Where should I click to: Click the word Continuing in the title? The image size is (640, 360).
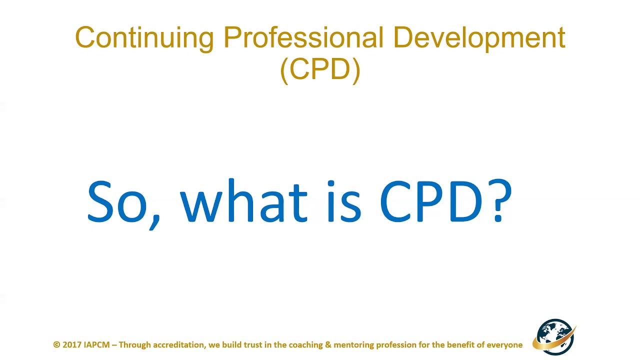coord(144,38)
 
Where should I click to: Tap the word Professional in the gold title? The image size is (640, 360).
coord(303,38)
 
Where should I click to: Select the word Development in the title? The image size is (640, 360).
coord(479,38)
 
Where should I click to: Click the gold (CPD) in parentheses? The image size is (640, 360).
coord(320,69)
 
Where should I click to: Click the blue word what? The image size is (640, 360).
coord(243,201)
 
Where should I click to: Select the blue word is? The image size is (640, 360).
coord(344,201)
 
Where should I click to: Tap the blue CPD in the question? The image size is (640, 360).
coord(431,201)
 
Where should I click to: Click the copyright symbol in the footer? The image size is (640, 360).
coord(56,345)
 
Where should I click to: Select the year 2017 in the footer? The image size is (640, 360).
coord(72,345)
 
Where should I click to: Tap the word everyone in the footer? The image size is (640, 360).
coord(504,345)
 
